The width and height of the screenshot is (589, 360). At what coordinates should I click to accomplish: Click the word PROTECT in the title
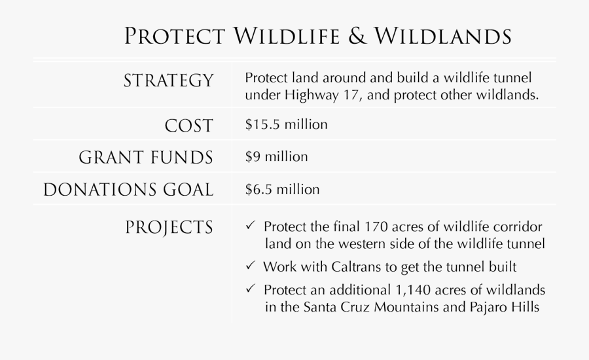(175, 37)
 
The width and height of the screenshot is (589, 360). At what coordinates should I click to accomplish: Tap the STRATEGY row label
(168, 81)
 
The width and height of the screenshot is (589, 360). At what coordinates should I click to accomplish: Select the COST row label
(190, 126)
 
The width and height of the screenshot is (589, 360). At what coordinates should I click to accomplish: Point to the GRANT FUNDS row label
(146, 158)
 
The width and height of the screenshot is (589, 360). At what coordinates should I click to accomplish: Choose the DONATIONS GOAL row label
(128, 190)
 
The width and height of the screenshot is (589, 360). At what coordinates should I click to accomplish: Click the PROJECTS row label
(169, 228)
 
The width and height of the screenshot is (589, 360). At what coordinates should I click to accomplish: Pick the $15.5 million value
(286, 124)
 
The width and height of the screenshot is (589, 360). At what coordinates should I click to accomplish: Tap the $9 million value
(276, 157)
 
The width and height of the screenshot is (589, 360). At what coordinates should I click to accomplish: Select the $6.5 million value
(282, 190)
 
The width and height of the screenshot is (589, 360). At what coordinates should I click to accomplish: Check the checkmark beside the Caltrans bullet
(251, 266)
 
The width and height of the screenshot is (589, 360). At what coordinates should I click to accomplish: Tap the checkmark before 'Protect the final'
(251, 226)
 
